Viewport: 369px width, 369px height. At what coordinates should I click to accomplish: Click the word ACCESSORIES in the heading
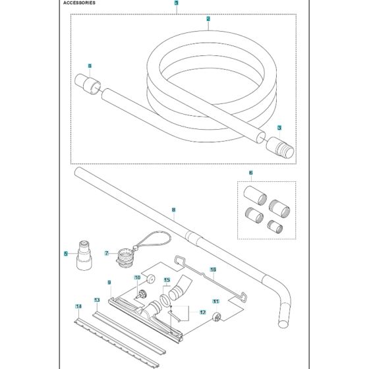tap(79, 3)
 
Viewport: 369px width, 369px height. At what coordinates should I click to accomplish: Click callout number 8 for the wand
tap(173, 212)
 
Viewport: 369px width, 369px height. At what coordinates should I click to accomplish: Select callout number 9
tap(109, 283)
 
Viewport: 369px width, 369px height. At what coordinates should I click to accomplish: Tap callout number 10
tap(138, 277)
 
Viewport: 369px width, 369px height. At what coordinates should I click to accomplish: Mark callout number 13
tap(96, 300)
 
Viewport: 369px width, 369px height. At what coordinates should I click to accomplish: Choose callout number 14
tap(78, 307)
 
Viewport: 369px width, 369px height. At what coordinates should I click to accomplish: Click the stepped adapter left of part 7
tap(84, 254)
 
